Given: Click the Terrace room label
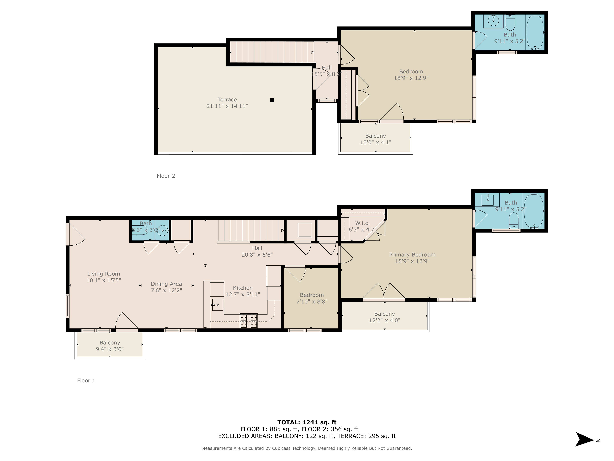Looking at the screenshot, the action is [227, 99].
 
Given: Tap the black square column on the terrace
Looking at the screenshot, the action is [272, 100].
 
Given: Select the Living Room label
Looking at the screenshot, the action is [104, 274].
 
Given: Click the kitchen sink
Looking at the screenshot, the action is [217, 305].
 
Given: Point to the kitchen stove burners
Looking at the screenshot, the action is [249, 321].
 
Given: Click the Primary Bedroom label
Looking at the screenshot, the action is [412, 255].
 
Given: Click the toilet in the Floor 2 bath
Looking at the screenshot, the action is [510, 23].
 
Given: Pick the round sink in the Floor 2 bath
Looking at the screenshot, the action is [493, 20].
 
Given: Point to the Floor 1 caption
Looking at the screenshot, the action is [86, 381].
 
